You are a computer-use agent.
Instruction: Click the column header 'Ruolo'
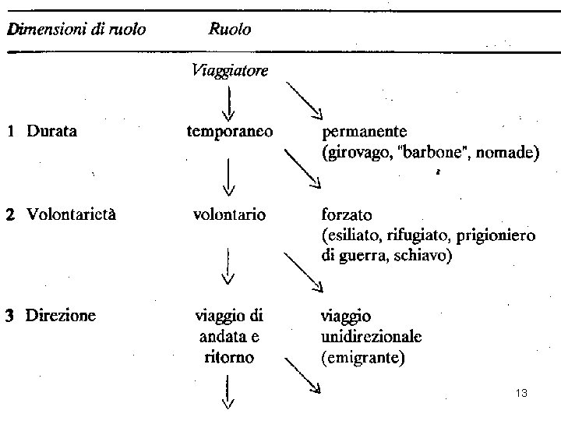pos(230,30)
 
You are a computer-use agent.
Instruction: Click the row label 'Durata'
pos(51,132)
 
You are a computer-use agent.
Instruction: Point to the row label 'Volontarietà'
pos(72,212)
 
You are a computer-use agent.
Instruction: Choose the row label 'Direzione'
pos(61,316)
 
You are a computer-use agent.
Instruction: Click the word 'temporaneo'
pos(229,132)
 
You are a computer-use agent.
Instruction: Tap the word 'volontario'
pos(229,212)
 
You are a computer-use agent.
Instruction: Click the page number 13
pos(522,394)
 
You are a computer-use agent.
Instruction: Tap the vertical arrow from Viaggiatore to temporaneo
pos(229,102)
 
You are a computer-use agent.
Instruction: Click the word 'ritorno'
pos(229,358)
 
